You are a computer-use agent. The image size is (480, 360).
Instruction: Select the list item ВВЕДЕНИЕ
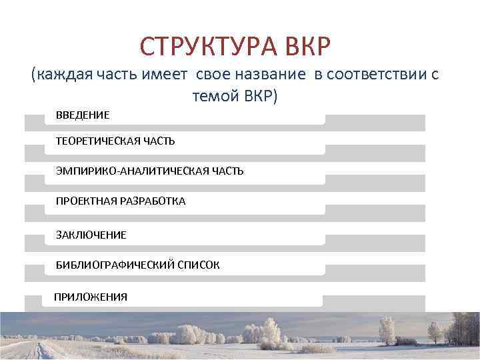[x=83, y=115]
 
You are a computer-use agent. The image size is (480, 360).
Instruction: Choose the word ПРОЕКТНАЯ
[x=83, y=200]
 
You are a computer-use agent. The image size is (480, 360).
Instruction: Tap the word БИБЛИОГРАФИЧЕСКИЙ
[x=115, y=265]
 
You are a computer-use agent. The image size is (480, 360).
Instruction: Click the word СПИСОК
[x=199, y=265]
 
